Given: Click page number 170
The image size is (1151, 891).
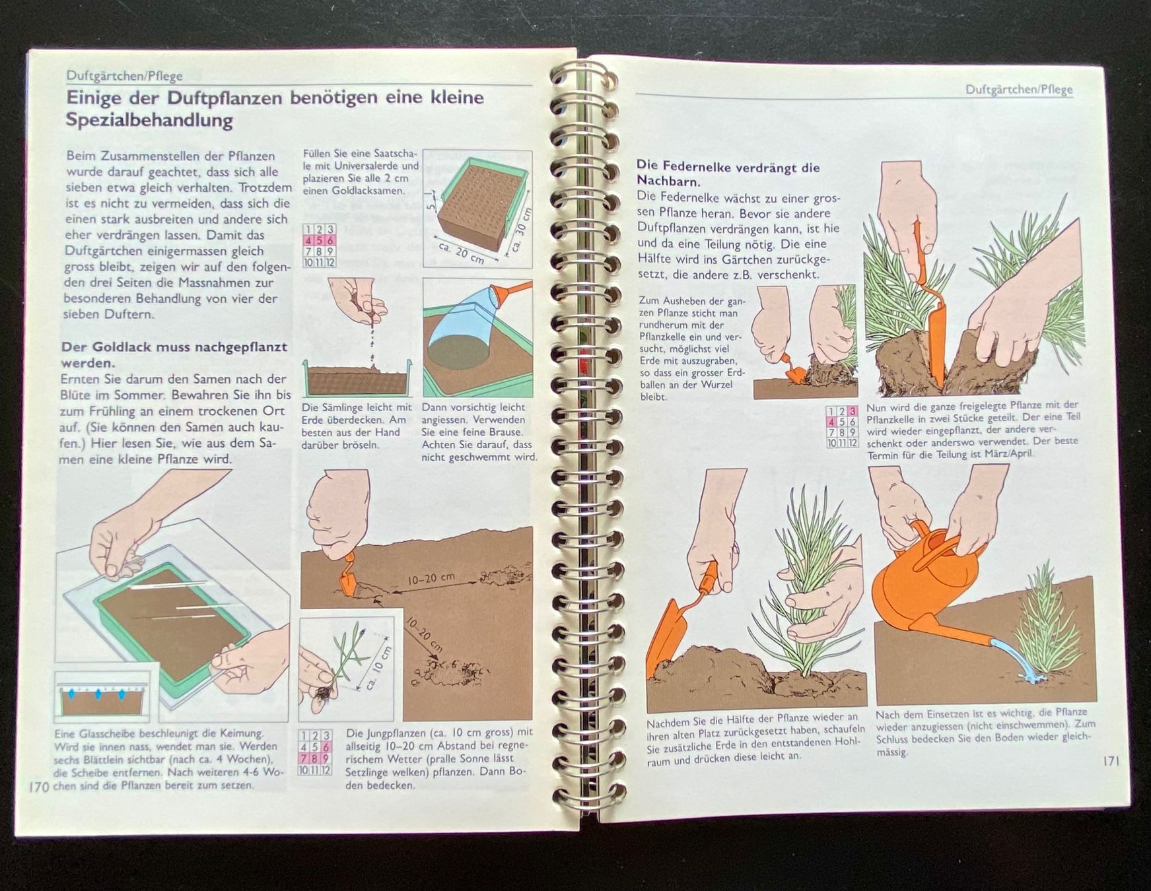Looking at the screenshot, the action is point(38,787).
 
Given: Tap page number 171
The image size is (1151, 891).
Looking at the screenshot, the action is point(1111,761).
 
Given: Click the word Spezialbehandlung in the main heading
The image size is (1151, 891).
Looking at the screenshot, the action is point(149,120).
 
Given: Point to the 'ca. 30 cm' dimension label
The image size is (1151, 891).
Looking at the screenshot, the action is point(521,230).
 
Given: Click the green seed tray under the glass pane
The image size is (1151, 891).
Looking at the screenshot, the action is point(172,623).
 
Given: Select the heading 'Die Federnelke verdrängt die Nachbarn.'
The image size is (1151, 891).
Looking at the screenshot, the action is point(728,174).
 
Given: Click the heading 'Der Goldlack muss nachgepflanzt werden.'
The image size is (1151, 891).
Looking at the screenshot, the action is point(174,354).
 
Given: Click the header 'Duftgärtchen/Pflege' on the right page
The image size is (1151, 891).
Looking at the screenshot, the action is point(1019,90).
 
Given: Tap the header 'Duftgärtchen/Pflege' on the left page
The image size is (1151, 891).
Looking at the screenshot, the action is point(124,75).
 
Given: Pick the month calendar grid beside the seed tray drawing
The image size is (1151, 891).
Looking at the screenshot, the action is point(319,246).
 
